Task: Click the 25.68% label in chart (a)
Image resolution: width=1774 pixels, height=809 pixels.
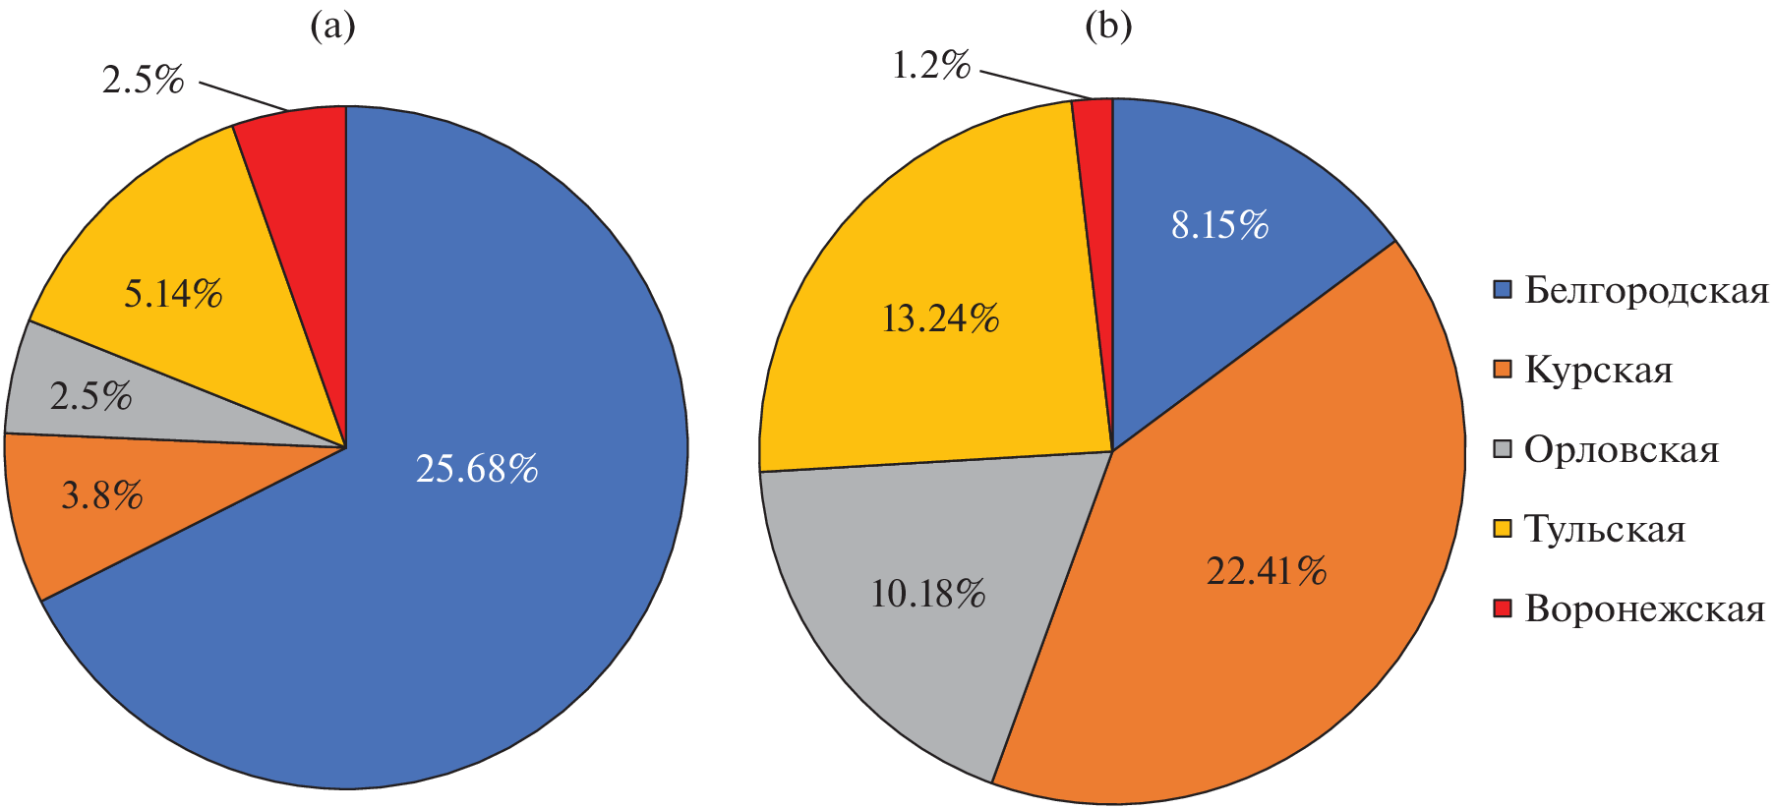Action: pos(477,469)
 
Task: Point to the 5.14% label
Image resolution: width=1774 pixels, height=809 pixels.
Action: pos(173,294)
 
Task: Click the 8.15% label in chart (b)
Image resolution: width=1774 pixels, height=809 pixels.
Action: pos(1219,226)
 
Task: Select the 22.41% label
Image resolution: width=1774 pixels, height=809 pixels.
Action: pos(1267,571)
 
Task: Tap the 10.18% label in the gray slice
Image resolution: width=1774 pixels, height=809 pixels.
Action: pos(928,594)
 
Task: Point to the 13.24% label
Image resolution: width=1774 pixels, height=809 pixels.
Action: pos(941,318)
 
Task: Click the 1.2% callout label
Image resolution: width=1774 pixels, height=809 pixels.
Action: pos(931,66)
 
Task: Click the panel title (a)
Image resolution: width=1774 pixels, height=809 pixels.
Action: pos(332,27)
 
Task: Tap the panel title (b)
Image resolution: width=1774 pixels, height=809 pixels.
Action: pos(1108,27)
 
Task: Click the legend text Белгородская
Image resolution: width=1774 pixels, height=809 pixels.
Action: pos(1645,291)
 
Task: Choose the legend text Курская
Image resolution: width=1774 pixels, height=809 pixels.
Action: pos(1598,371)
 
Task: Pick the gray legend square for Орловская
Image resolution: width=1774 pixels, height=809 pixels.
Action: pos(1502,449)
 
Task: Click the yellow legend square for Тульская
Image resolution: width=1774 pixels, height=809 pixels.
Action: pos(1502,529)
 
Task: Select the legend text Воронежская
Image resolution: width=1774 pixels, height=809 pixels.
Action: pos(1644,609)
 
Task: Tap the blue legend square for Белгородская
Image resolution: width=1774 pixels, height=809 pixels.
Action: pos(1502,290)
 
